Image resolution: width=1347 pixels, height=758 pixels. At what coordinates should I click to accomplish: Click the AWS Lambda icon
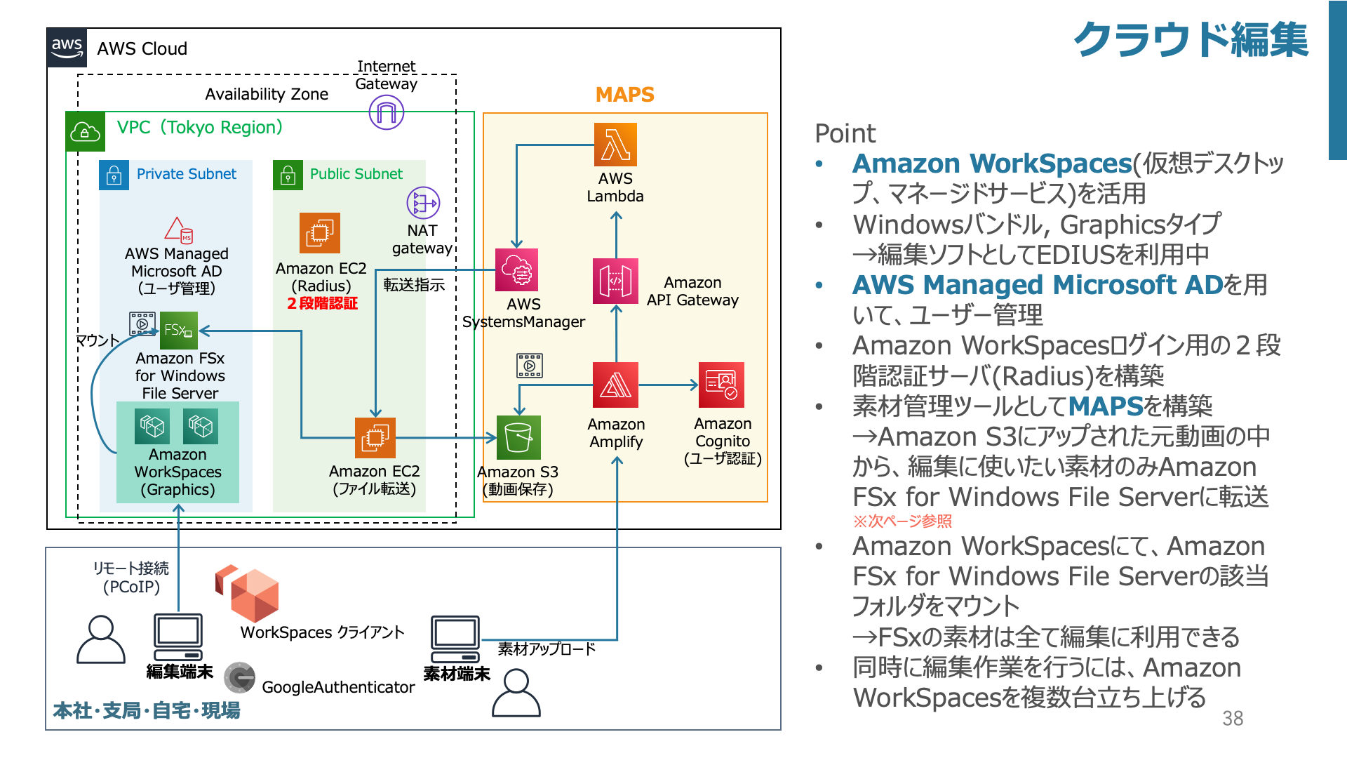click(615, 145)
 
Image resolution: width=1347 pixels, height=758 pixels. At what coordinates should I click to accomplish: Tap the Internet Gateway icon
click(387, 112)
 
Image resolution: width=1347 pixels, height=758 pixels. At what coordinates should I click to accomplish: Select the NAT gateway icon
click(423, 204)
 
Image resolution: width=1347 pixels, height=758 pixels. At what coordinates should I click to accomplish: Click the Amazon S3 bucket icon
click(518, 437)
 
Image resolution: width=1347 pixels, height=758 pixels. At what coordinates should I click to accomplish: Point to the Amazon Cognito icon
click(721, 385)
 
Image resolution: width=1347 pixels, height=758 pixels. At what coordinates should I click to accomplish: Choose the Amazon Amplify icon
click(615, 385)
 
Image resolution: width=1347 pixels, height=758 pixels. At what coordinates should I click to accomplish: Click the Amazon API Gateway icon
click(615, 281)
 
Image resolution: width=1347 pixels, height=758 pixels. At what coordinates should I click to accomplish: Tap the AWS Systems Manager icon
click(517, 270)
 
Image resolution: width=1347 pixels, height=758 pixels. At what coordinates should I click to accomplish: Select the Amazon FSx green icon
click(179, 330)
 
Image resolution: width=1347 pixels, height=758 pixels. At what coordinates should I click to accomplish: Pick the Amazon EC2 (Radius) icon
click(320, 233)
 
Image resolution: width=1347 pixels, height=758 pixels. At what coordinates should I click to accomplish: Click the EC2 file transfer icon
click(375, 438)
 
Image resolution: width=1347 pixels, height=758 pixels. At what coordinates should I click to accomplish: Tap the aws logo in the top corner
click(67, 48)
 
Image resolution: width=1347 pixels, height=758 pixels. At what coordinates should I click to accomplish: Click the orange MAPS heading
click(624, 95)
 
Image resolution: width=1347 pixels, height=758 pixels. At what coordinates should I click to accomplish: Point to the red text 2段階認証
click(323, 303)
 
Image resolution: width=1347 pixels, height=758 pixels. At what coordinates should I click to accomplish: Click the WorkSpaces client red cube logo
click(248, 593)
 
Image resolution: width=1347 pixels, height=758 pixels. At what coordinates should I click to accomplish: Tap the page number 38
click(1233, 718)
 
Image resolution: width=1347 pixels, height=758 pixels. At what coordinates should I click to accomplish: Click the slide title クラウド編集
click(1191, 40)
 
